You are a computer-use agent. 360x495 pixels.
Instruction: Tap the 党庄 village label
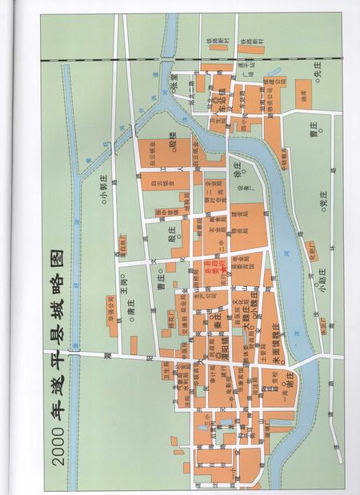click(x=324, y=206)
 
